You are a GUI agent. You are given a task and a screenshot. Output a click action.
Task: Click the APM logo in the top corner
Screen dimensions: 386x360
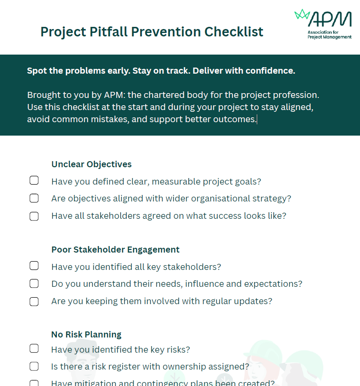pyautogui.click(x=323, y=23)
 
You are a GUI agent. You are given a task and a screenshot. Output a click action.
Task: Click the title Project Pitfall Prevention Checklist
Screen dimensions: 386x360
pyautogui.click(x=152, y=32)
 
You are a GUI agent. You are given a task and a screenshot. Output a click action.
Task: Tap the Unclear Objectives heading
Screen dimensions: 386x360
pyautogui.click(x=92, y=164)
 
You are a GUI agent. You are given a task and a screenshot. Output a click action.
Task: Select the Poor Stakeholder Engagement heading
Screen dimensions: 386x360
pyautogui.click(x=115, y=250)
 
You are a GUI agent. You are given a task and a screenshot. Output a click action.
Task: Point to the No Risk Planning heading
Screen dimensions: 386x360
pyautogui.click(x=86, y=334)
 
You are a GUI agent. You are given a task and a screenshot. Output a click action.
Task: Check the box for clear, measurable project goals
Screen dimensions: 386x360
pyautogui.click(x=34, y=181)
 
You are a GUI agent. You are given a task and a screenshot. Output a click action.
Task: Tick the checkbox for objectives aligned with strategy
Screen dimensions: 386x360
pyautogui.click(x=34, y=198)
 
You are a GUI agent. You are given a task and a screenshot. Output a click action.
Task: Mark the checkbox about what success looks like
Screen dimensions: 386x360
pyautogui.click(x=34, y=216)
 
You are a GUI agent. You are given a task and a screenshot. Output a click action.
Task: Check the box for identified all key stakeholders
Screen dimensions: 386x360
pyautogui.click(x=34, y=266)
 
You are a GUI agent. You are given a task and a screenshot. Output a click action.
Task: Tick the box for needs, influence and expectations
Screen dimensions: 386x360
pyautogui.click(x=34, y=284)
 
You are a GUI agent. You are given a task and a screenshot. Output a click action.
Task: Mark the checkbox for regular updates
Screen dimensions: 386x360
pyautogui.click(x=34, y=302)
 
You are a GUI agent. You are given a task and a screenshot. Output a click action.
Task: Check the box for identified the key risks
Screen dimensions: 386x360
pyautogui.click(x=34, y=349)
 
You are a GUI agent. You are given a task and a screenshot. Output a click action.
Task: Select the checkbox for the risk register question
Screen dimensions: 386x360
pyautogui.click(x=34, y=367)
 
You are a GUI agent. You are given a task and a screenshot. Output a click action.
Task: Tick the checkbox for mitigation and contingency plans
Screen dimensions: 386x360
pyautogui.click(x=34, y=383)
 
